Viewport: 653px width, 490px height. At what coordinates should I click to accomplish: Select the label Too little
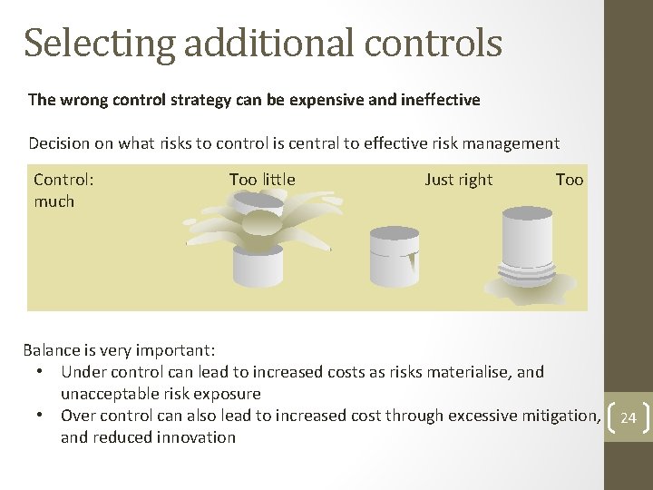[262, 180]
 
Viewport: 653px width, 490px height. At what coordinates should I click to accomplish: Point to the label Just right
[458, 180]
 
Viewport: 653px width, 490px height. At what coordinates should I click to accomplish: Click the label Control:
[63, 180]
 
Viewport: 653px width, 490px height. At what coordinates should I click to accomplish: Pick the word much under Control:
[54, 201]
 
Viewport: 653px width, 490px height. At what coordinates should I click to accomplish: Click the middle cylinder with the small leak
[394, 255]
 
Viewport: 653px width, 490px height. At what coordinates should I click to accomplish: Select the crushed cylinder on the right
[527, 255]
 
